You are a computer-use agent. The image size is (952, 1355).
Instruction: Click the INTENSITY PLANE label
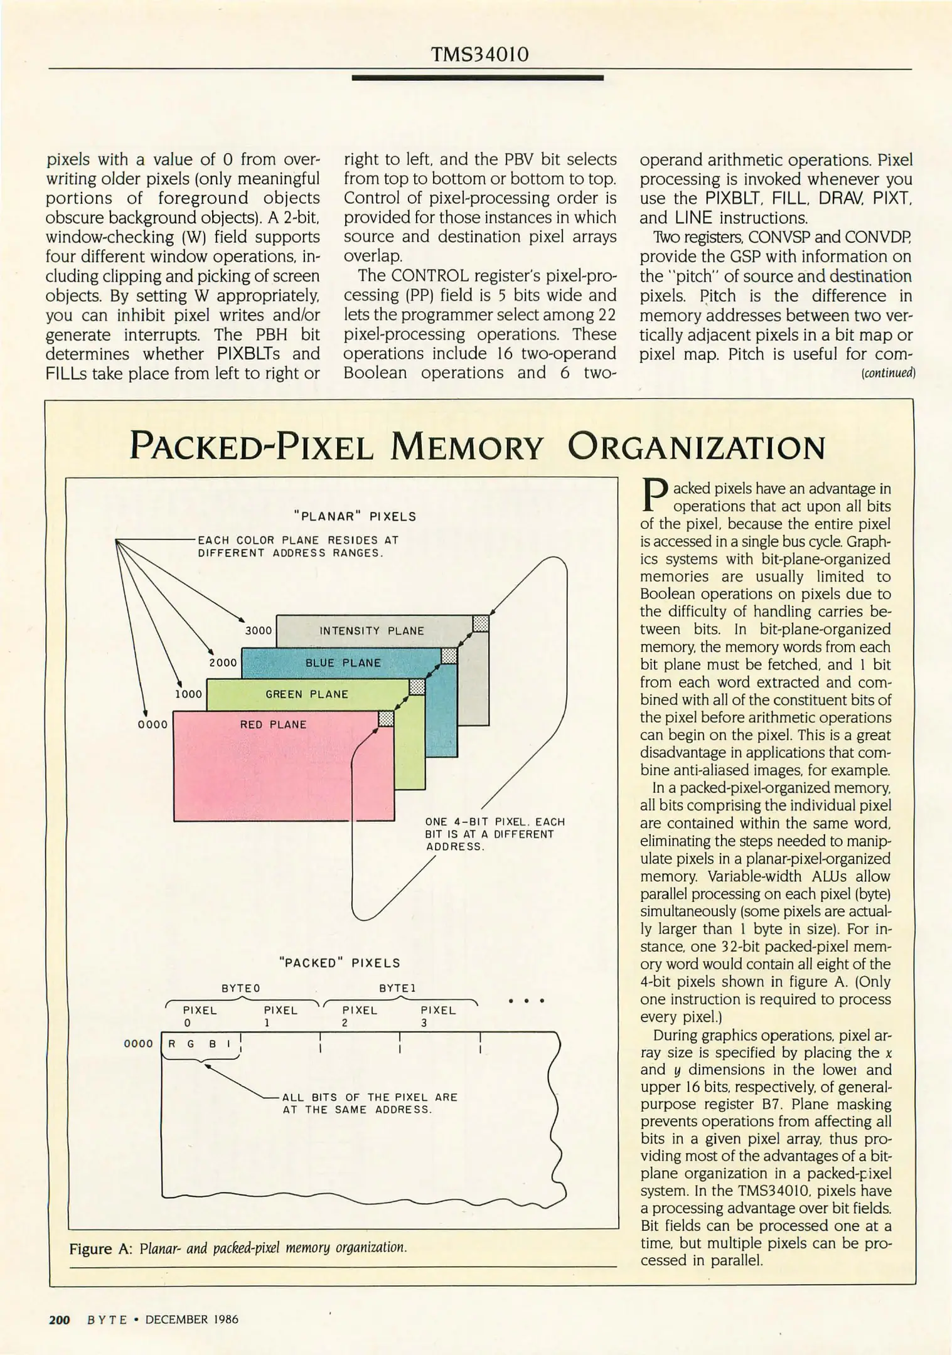tap(372, 630)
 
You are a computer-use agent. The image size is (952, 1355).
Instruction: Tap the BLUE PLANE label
tap(343, 662)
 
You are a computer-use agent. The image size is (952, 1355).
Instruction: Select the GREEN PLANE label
tap(307, 694)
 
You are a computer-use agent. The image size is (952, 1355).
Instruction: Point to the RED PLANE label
tap(273, 725)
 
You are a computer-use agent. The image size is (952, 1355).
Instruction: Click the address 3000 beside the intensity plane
tap(258, 630)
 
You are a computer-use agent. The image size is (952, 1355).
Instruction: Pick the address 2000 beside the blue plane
tap(223, 662)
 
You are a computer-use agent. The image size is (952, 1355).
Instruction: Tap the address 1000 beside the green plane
tap(188, 694)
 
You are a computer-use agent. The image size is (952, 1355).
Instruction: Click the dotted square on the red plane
tap(386, 718)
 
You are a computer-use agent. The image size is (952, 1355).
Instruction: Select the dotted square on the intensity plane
tap(481, 623)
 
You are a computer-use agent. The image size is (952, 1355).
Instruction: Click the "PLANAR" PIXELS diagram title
tap(355, 517)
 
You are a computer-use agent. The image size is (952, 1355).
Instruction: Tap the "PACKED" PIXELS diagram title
tap(339, 963)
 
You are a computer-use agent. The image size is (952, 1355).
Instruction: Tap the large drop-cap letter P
tap(654, 496)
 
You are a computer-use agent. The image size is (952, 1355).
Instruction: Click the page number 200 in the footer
tap(60, 1319)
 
